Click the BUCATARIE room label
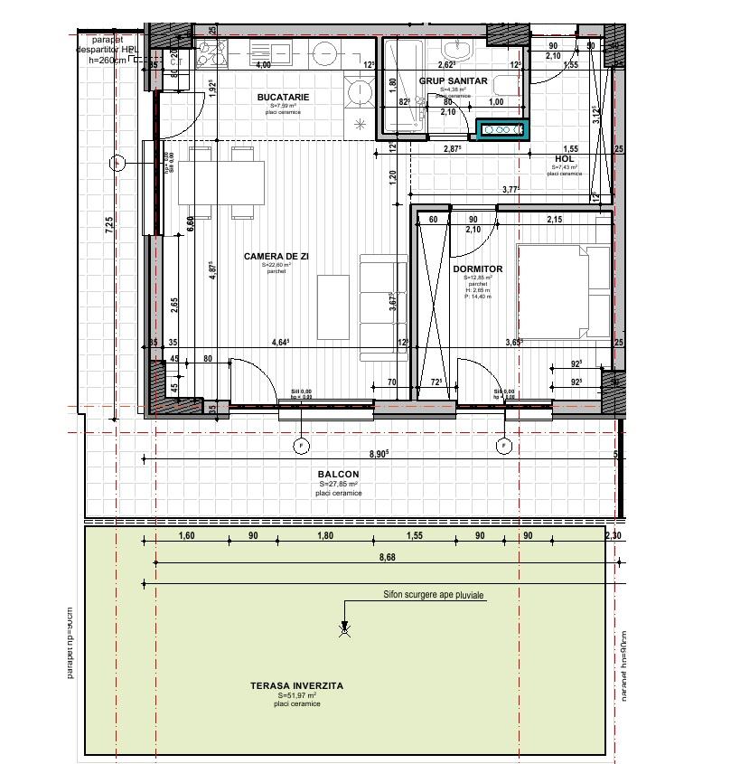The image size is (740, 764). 283,97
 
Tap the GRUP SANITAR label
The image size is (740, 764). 453,80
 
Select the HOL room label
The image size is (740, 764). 564,159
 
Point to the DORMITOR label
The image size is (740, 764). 477,269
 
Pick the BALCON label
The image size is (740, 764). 338,475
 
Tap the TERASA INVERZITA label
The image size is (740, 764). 296,686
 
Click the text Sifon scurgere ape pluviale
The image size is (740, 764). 433,597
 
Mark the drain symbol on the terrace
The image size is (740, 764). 344,630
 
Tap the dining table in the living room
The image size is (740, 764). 221,182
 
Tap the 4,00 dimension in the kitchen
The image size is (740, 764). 263,65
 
